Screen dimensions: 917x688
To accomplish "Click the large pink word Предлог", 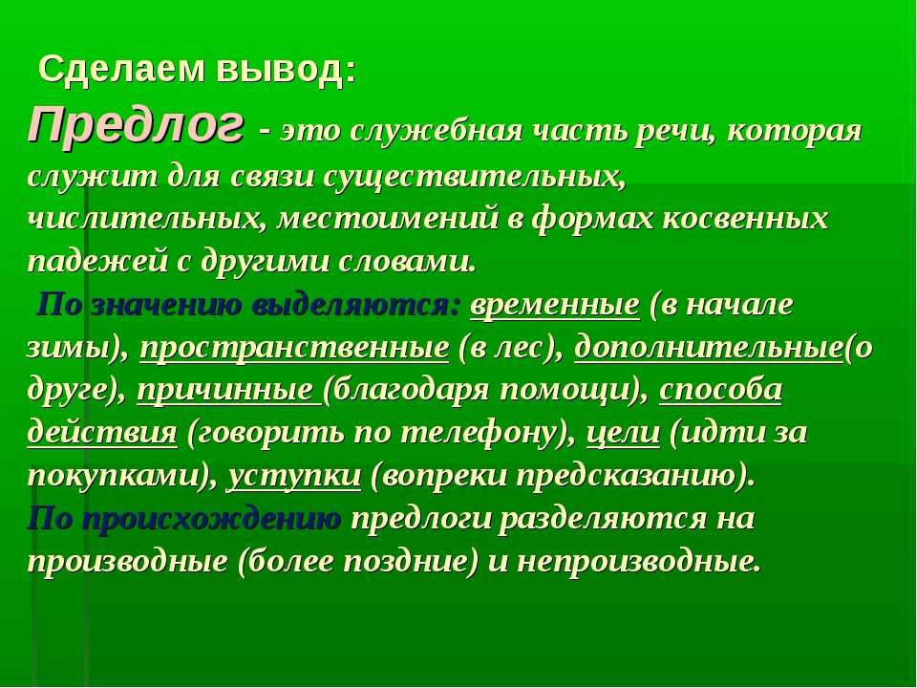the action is [x=135, y=125].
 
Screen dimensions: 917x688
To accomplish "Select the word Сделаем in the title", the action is [x=122, y=70].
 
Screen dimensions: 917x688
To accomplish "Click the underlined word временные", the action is [x=555, y=305].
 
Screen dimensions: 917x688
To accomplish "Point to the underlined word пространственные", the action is [x=294, y=349].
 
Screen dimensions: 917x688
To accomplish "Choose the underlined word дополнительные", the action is [x=709, y=348].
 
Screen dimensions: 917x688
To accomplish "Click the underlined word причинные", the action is [x=227, y=391].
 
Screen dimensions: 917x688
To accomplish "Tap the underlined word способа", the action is [x=720, y=390].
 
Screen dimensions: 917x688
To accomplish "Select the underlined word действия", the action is [x=102, y=434].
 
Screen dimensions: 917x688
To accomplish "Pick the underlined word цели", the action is [x=623, y=434].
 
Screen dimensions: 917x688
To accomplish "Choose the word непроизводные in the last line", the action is [x=639, y=563].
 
